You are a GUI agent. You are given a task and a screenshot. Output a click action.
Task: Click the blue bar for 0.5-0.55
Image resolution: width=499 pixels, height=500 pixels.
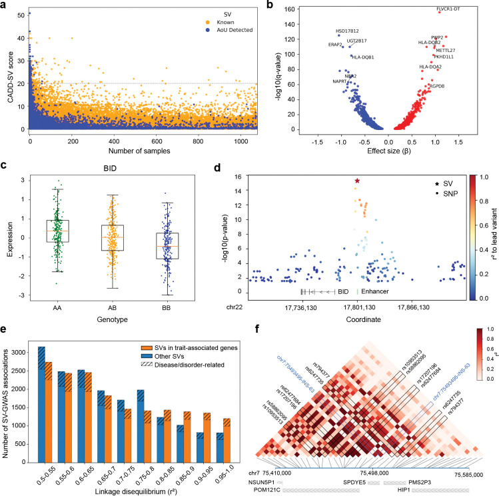(41, 407)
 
